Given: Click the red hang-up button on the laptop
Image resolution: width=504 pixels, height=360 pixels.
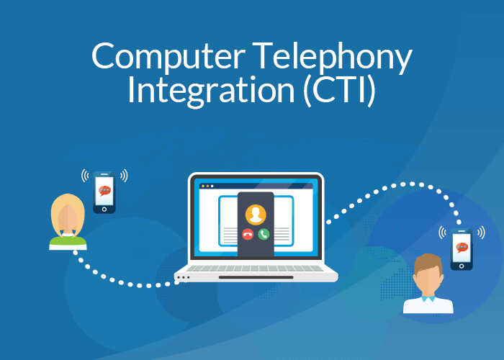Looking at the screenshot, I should [x=248, y=233].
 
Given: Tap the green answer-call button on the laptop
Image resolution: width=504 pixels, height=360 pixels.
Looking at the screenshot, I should [x=264, y=233].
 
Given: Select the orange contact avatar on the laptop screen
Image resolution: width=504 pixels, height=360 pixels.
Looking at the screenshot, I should [x=256, y=214].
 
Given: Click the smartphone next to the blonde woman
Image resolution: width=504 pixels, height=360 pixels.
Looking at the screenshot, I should [x=104, y=192].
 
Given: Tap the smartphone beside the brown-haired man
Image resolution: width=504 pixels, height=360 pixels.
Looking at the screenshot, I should [x=462, y=248].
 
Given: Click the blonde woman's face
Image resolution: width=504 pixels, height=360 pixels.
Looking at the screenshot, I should [x=68, y=216].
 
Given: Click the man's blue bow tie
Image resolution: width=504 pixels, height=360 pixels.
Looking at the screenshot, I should [x=428, y=297].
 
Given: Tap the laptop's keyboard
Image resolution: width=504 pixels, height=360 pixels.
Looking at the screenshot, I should [x=256, y=268].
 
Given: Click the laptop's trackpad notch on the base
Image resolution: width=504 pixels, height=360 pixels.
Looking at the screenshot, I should [x=256, y=277].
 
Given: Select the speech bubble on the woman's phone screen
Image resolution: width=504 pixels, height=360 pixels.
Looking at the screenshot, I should [x=104, y=190].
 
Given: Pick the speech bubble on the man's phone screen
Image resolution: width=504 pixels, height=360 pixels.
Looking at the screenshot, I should [x=462, y=247].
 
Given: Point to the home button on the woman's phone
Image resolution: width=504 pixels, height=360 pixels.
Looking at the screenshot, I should [x=104, y=209].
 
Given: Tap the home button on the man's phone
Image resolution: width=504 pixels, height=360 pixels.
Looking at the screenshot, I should [x=462, y=265].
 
